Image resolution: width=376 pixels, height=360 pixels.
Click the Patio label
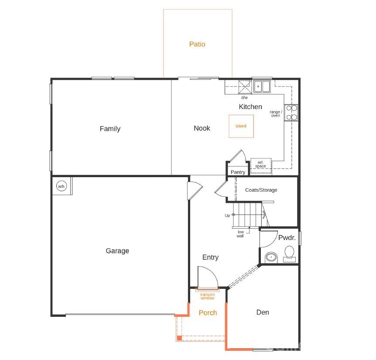(197, 44)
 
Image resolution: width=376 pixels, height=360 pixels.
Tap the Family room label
(110, 129)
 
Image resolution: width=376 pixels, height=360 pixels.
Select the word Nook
(202, 128)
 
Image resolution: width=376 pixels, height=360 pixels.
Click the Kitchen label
(250, 106)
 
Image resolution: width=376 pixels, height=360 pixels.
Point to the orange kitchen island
(241, 126)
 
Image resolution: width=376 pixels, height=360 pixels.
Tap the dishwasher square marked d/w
(244, 87)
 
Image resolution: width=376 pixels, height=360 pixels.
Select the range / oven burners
(291, 112)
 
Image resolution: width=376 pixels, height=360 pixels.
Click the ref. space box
(261, 164)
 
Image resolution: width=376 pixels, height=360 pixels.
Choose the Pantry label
(238, 172)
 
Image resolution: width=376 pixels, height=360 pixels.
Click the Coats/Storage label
(261, 190)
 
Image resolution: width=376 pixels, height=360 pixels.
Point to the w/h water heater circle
(61, 187)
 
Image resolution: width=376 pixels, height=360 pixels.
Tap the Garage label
(117, 251)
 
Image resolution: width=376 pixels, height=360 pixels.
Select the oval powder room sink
(271, 257)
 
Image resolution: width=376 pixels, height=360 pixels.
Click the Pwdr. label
(287, 238)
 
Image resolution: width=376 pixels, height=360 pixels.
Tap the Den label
(263, 312)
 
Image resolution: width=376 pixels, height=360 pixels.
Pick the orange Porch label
(208, 312)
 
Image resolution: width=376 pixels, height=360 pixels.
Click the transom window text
(208, 296)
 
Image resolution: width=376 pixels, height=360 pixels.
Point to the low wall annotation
(240, 233)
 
